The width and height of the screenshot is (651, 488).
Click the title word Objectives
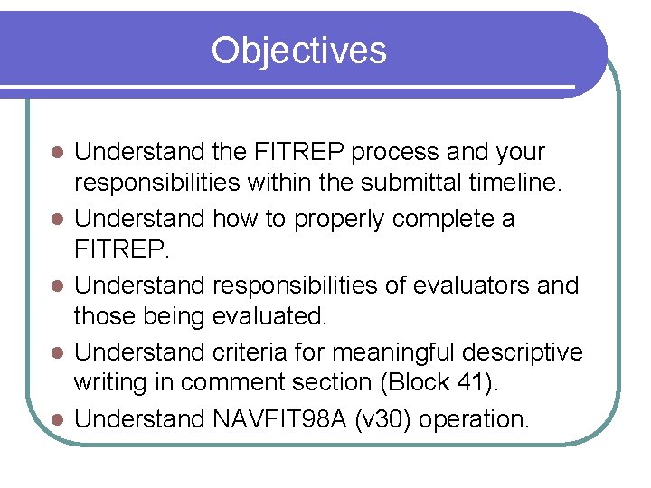click(x=298, y=51)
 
